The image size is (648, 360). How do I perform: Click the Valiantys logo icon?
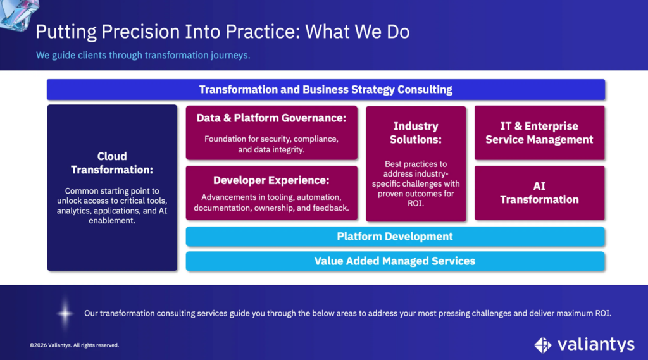pos(543,345)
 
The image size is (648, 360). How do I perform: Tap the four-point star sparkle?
pos(65,314)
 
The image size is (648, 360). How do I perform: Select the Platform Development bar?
pos(395,237)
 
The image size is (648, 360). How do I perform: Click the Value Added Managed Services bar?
pos(395,261)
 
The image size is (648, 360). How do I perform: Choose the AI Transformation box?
pos(539,193)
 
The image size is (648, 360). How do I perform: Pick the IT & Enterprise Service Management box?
pos(539,133)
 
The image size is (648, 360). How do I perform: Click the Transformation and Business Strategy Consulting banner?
pos(326,90)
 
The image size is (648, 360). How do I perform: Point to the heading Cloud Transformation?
pos(112,163)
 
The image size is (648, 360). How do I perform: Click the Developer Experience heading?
pos(271,180)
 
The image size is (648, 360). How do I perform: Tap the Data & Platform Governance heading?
pos(271,118)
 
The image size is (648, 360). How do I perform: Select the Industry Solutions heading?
pos(416,133)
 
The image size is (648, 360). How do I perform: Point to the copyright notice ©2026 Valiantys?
pos(75,345)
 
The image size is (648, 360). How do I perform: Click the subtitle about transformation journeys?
pos(143,56)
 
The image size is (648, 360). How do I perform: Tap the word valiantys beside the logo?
pos(595,344)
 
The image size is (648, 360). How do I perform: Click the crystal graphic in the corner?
pos(18,15)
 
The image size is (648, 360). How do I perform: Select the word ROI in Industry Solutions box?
pos(415,203)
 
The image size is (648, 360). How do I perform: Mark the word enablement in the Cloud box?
pos(111,221)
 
